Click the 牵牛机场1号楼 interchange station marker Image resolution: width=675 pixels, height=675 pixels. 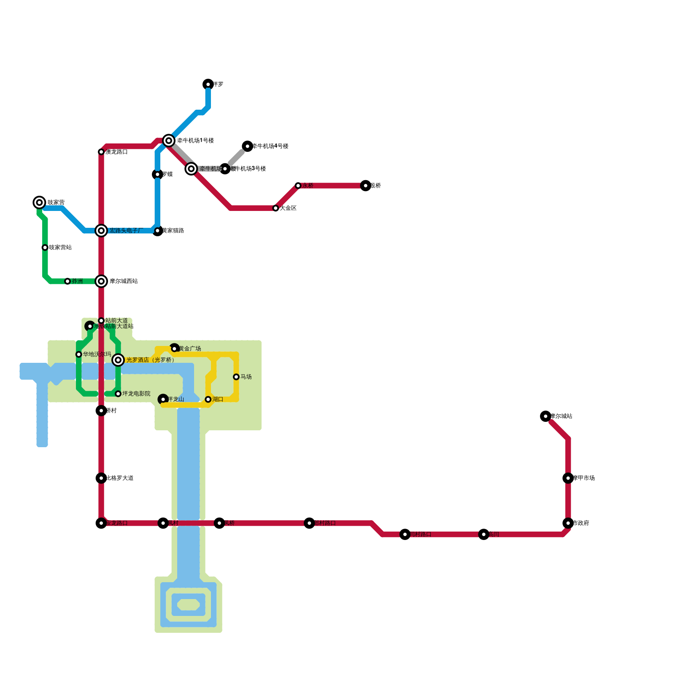[x=169, y=140]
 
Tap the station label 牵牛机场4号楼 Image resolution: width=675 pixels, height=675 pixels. [x=270, y=146]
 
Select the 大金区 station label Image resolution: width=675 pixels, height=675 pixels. [x=288, y=208]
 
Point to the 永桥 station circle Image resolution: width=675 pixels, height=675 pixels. [x=298, y=186]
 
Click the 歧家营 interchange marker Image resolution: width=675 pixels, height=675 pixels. [x=39, y=202]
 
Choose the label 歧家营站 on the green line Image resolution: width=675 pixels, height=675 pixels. [x=60, y=248]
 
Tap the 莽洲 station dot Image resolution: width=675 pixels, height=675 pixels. [x=67, y=281]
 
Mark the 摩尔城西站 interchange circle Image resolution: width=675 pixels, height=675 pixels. [x=101, y=281]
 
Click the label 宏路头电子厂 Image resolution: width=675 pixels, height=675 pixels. [x=126, y=231]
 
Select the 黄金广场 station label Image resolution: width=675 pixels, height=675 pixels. [x=189, y=349]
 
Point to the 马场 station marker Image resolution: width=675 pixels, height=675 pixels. [x=236, y=377]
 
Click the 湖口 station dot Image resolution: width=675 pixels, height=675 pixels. [x=208, y=399]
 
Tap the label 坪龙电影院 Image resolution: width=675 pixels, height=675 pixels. [x=136, y=394]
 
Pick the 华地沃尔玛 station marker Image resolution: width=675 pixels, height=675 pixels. [x=79, y=354]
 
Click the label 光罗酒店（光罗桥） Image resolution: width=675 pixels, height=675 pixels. [x=150, y=360]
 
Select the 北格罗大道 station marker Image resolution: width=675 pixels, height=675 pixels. [x=101, y=478]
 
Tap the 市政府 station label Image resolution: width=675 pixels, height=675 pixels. [x=581, y=523]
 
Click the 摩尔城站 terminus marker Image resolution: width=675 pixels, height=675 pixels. [x=545, y=416]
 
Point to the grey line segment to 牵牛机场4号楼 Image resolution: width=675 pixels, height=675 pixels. [x=236, y=157]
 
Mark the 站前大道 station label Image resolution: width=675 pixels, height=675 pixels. [x=116, y=321]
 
